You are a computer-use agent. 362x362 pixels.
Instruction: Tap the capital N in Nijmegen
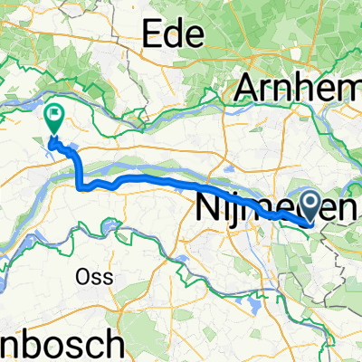pos(205,210)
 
